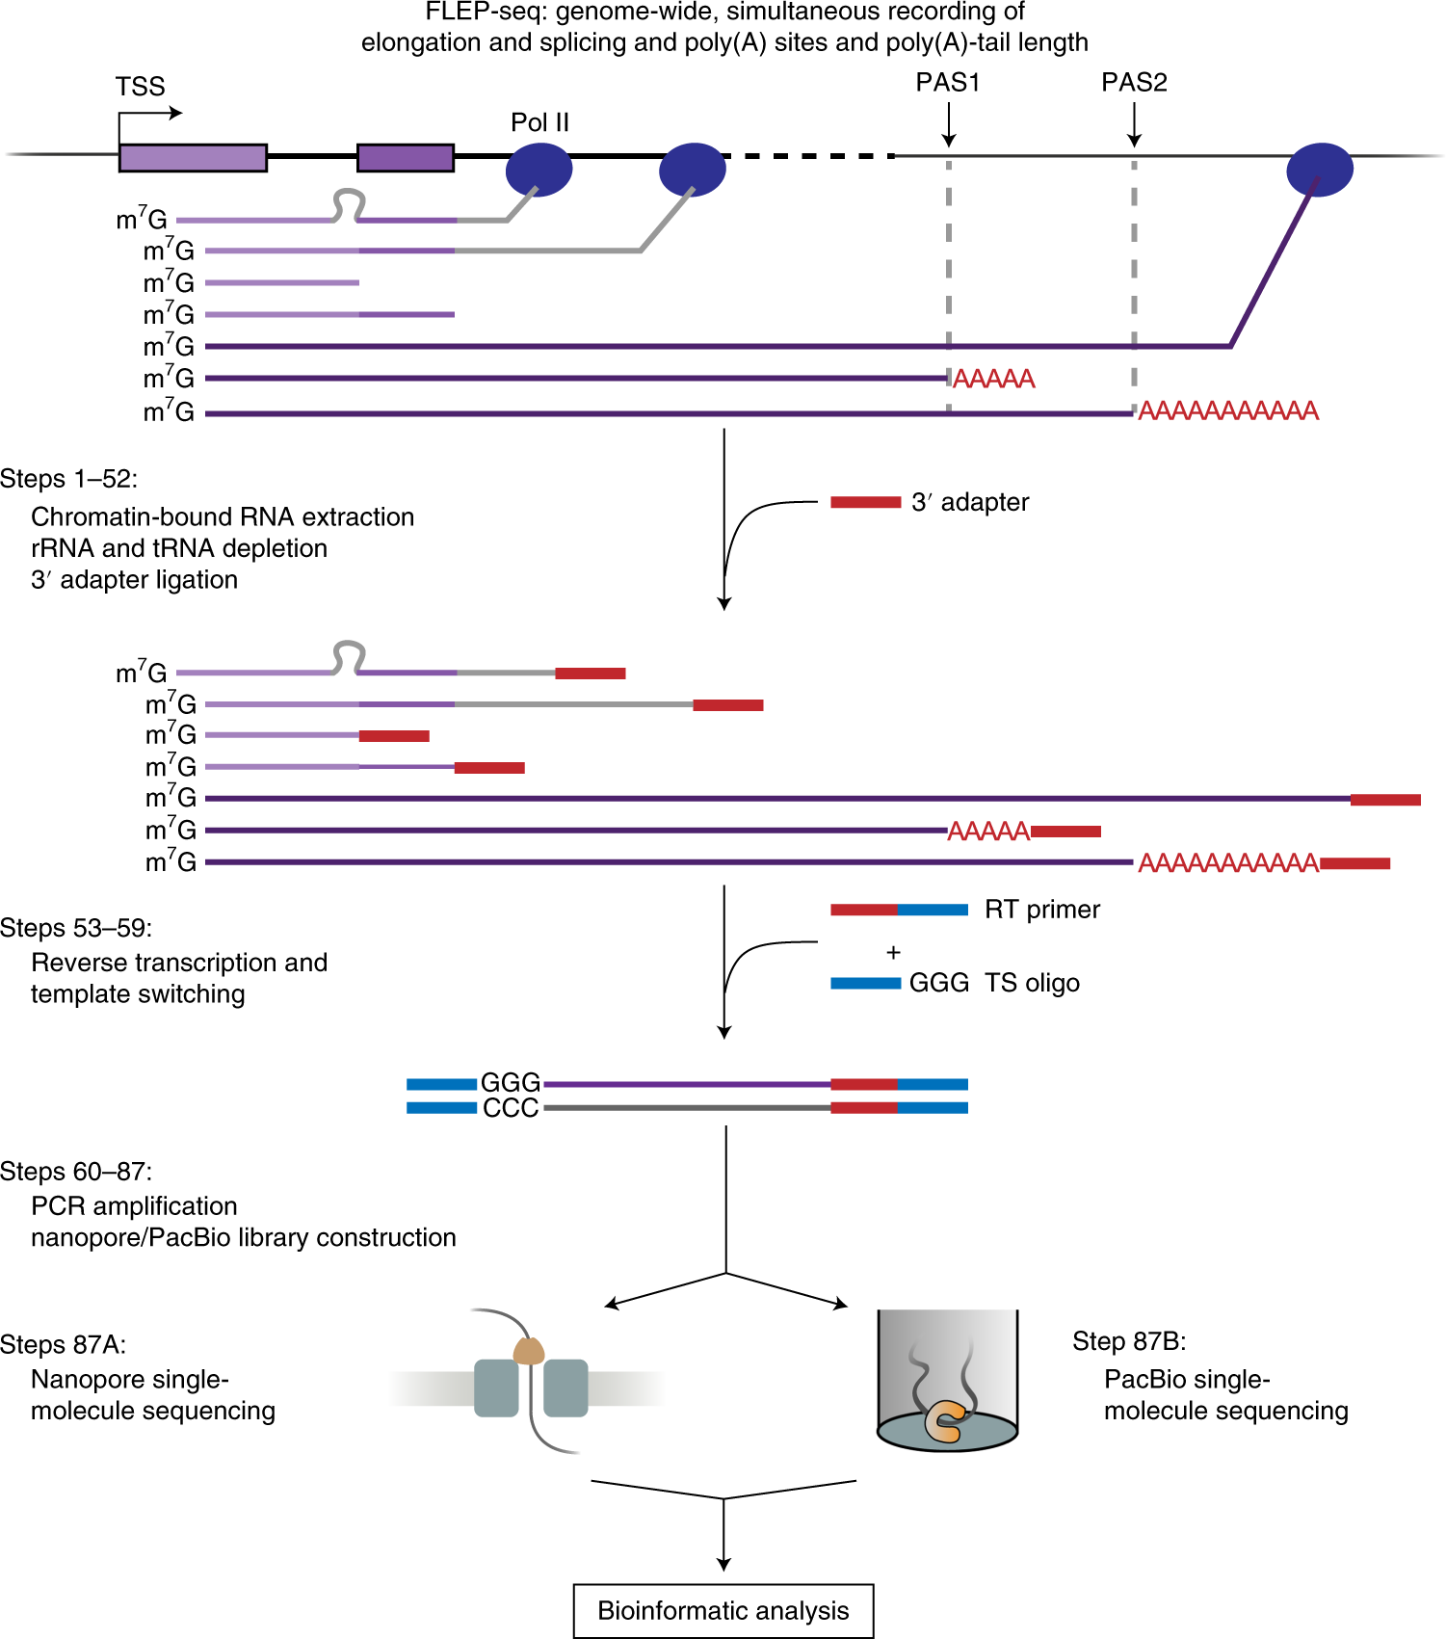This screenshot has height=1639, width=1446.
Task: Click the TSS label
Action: (x=141, y=87)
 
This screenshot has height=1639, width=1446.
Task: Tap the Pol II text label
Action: (x=539, y=122)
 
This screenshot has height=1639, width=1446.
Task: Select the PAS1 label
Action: (x=948, y=83)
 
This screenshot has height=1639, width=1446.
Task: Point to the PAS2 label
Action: (x=1134, y=83)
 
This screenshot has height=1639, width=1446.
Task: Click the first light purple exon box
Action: (x=193, y=158)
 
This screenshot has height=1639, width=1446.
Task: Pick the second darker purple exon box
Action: (x=406, y=158)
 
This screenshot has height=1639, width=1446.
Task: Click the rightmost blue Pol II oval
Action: (x=1320, y=170)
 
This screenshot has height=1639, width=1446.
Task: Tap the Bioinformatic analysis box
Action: (x=723, y=1610)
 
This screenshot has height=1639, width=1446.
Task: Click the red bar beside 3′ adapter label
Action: (x=865, y=502)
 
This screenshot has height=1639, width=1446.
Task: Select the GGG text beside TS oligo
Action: (x=939, y=983)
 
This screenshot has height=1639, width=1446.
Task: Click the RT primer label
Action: (x=1042, y=910)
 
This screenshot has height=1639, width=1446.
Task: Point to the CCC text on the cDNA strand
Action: (x=511, y=1108)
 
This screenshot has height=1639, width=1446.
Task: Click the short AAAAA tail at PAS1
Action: (x=993, y=379)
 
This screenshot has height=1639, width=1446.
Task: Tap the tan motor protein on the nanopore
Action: (x=529, y=1351)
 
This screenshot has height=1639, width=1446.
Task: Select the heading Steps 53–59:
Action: (x=76, y=928)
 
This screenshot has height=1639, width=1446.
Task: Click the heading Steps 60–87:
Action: (x=76, y=1172)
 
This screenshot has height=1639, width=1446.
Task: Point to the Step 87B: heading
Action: (x=1129, y=1341)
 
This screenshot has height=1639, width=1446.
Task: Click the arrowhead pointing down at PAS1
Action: (x=949, y=141)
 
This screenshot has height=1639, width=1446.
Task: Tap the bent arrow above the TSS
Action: (x=150, y=115)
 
